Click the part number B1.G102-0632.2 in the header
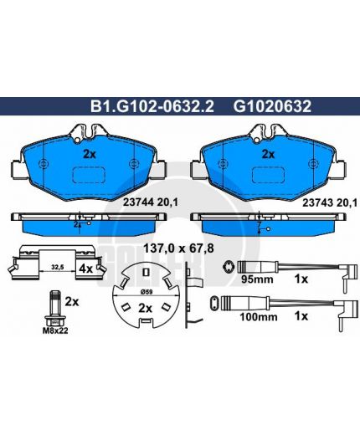coord(152,106)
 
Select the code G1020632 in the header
coord(272,106)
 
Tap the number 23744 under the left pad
coord(139,202)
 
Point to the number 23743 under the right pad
coord(318,203)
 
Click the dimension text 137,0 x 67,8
coord(178,248)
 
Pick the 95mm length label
coord(257,279)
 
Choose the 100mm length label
coord(259,317)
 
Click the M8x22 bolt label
coord(55,331)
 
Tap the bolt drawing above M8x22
coord(55,308)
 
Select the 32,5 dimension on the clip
coord(58,267)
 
